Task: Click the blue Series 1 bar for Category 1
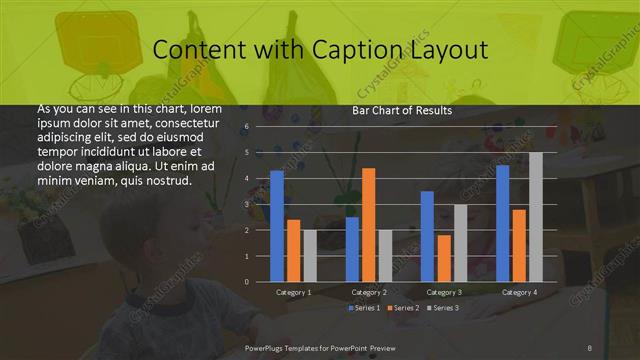click(277, 226)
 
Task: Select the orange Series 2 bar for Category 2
click(368, 225)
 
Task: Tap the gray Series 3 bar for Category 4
click(536, 217)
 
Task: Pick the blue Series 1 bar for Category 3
click(427, 236)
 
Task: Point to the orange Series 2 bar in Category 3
click(443, 258)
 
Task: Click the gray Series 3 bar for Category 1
click(309, 256)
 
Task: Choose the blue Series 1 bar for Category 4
click(503, 223)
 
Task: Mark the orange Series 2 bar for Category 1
click(293, 251)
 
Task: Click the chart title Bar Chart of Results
click(402, 111)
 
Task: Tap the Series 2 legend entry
click(403, 308)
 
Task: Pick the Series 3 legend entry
click(443, 308)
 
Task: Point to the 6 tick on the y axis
click(246, 127)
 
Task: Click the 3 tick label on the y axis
click(246, 204)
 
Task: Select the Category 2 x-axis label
click(369, 292)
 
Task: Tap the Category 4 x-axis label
click(519, 292)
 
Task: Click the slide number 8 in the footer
click(590, 347)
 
